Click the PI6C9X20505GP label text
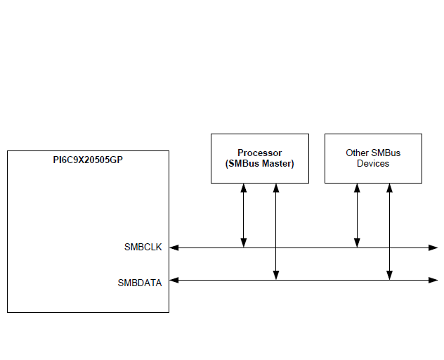point(88,160)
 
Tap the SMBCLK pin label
point(143,247)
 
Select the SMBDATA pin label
point(140,283)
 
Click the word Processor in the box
point(260,153)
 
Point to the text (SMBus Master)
point(260,164)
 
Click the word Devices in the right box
point(373,164)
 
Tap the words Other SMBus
point(373,153)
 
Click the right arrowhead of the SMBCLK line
point(433,247)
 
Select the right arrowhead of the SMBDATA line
point(433,281)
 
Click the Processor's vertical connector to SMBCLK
point(244,214)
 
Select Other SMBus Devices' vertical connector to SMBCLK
point(357,214)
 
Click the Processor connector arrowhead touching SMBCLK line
point(244,243)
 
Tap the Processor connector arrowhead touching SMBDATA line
point(276,276)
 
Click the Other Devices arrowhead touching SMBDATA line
point(389,276)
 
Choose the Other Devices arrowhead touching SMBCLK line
point(357,243)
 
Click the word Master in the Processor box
point(276,164)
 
